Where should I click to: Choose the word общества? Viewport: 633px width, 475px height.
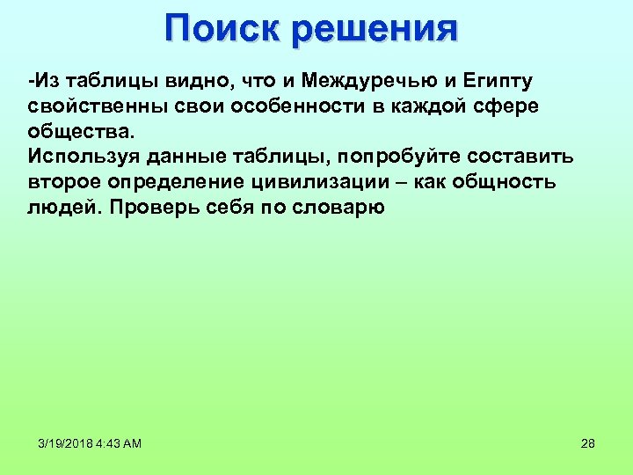80,132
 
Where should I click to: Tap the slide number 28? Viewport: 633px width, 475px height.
588,443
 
